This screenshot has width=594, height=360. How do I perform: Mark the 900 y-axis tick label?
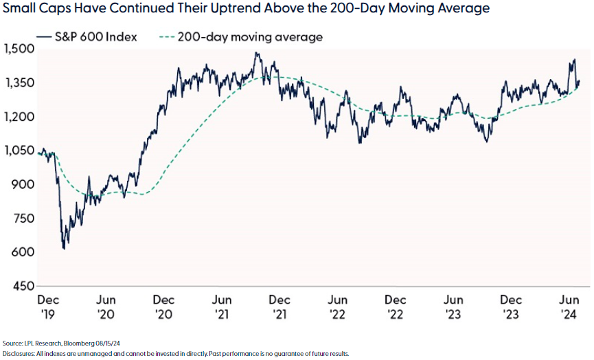click(x=22, y=184)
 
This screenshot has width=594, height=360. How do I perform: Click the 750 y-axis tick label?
click(x=22, y=218)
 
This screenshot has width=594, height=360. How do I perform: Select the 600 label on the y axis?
click(x=22, y=252)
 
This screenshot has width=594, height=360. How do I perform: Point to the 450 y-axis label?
click(x=22, y=286)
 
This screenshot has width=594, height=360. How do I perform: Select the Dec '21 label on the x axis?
click(x=279, y=307)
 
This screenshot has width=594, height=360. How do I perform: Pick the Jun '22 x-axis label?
click(x=336, y=307)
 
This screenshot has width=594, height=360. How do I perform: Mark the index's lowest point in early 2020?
click(x=65, y=248)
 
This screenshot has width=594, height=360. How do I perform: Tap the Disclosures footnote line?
click(x=176, y=353)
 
